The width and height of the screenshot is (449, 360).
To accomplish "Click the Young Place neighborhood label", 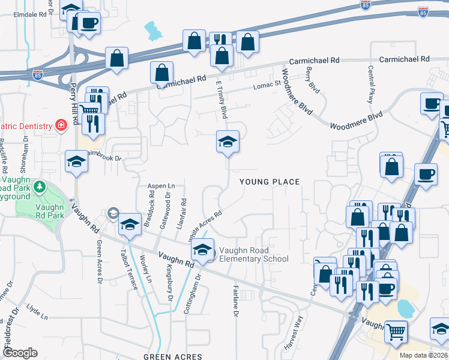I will (x=269, y=181).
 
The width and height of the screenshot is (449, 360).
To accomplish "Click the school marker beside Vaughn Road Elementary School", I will (x=203, y=250).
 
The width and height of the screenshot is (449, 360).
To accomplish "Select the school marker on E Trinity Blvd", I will (x=228, y=142).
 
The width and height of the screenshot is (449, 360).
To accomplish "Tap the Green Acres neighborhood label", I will (x=172, y=356).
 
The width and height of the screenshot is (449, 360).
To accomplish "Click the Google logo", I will (x=20, y=353).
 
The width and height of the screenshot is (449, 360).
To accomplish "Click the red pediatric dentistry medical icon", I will (x=61, y=125).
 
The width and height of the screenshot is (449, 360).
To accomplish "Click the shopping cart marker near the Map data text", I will (x=396, y=331).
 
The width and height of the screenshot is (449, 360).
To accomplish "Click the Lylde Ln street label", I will (x=37, y=314).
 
